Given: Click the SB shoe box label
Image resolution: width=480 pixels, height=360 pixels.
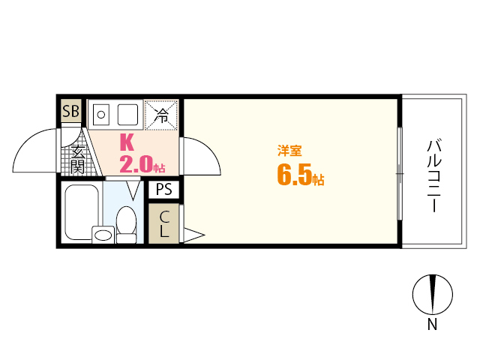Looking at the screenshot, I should tap(70, 112).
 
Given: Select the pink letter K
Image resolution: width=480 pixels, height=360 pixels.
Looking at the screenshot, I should tap(127, 142).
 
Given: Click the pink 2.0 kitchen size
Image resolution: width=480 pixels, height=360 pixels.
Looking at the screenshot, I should tap(136, 163).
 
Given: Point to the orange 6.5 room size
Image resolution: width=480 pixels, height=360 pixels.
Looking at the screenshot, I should tap(294, 175).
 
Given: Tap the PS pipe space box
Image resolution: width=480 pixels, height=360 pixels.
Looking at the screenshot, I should tap(163, 190).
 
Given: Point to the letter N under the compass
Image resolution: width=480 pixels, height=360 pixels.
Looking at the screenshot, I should tap(432, 325).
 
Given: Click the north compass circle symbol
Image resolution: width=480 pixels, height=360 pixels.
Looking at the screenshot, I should tap(433, 295).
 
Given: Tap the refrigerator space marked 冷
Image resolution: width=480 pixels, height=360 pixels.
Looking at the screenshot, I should tap(162, 115).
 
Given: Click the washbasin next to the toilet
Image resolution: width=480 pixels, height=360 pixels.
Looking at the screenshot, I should tap(103, 235).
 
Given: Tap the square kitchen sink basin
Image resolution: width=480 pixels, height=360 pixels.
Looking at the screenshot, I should tap(127, 115).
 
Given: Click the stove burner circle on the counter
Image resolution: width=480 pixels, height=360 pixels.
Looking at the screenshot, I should tap(101, 115).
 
